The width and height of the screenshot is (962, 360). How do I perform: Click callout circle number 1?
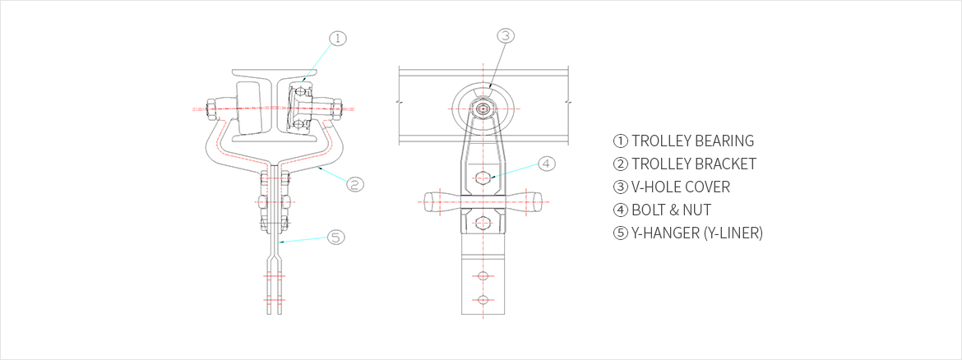(338, 38)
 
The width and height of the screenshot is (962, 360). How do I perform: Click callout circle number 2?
(355, 183)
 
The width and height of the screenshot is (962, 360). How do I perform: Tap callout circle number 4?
(548, 163)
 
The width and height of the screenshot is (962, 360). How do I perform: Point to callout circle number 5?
(334, 238)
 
